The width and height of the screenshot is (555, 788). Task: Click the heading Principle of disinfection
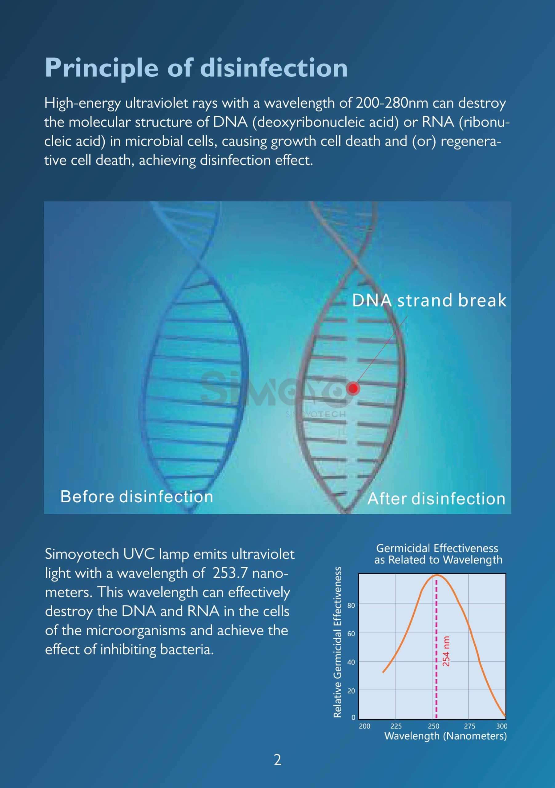click(x=196, y=68)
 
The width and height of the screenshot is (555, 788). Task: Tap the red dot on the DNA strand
click(x=353, y=388)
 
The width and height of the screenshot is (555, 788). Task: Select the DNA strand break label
click(x=429, y=300)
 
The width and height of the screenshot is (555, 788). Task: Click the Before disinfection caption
click(x=137, y=497)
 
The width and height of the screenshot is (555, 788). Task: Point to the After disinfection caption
click(x=436, y=499)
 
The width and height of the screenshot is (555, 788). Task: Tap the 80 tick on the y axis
click(x=351, y=605)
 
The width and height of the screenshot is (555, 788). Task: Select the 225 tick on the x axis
click(x=396, y=726)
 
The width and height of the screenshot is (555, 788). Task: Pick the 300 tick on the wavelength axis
click(x=502, y=726)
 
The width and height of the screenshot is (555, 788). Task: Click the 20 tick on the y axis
click(x=351, y=690)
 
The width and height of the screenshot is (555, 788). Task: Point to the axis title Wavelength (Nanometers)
click(x=445, y=736)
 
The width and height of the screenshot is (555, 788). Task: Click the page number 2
click(x=278, y=760)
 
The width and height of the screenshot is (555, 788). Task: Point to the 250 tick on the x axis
click(x=433, y=726)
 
